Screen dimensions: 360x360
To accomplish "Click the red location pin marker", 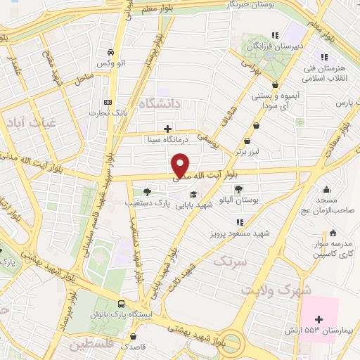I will pyautogui.click(x=181, y=166).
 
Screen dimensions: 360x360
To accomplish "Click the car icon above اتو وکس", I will pyautogui.click(x=110, y=53).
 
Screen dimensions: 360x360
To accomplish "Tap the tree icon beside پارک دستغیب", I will pyautogui.click(x=146, y=191).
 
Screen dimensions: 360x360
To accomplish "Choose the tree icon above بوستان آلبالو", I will pyautogui.click(x=238, y=189).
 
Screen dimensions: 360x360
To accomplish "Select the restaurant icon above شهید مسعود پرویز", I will pyautogui.click(x=239, y=222).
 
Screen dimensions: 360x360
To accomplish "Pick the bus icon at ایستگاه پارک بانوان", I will pyautogui.click(x=122, y=304).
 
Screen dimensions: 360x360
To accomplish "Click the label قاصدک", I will pyautogui.click(x=133, y=347).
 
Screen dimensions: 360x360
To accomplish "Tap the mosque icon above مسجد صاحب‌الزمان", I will pyautogui.click(x=327, y=189).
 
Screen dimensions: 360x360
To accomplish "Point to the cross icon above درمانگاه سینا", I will pyautogui.click(x=167, y=129).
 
